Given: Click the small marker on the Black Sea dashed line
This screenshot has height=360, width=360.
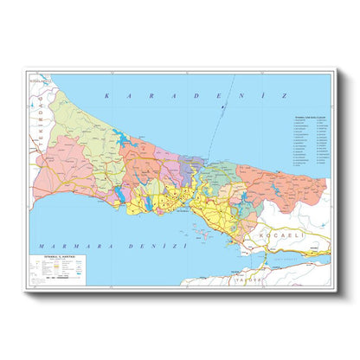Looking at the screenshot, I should click(222, 108).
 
